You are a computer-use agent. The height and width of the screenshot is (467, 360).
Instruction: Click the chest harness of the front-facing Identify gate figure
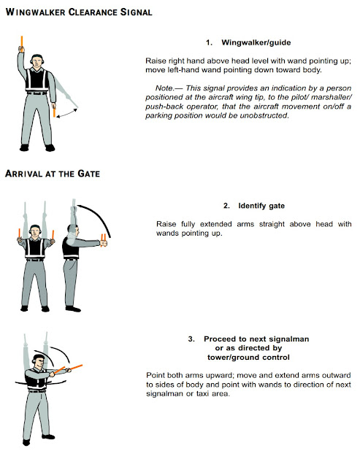pyautogui.click(x=34, y=247)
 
